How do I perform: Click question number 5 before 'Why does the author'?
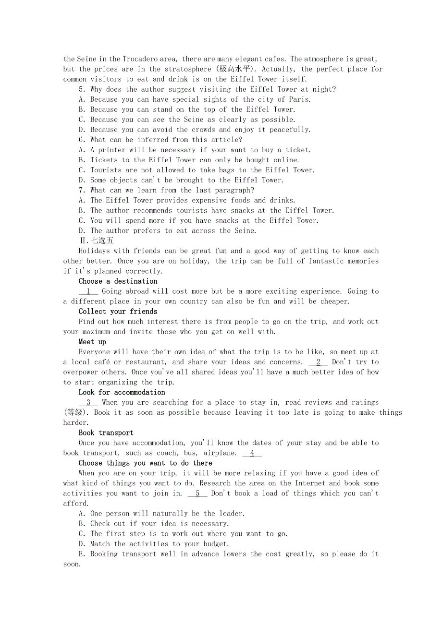pos(82,89)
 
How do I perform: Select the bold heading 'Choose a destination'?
pos(118,281)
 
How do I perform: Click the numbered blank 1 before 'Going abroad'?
pos(88,291)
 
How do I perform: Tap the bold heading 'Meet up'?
pos(92,342)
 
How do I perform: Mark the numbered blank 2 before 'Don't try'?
pos(318,362)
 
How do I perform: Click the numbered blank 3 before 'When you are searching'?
pos(88,402)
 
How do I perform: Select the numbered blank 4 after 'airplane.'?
pos(252,453)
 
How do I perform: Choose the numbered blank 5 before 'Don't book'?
pos(197,493)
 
